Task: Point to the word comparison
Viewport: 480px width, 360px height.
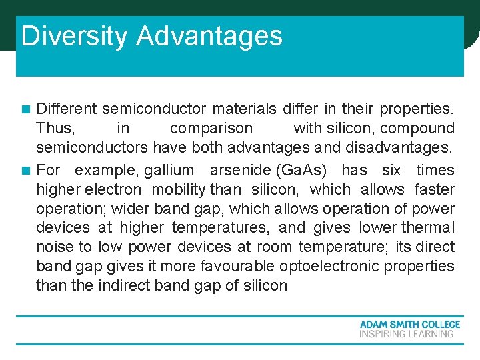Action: click(211, 128)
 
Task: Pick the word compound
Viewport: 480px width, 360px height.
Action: click(417, 128)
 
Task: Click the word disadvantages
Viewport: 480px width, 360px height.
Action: click(401, 147)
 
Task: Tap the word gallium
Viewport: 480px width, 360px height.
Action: click(169, 171)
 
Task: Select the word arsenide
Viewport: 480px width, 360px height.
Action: click(241, 171)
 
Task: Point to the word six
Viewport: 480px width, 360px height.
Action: click(392, 171)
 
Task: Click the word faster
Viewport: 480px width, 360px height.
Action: click(435, 190)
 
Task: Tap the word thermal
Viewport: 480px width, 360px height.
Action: click(427, 228)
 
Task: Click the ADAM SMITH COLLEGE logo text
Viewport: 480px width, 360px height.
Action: click(409, 325)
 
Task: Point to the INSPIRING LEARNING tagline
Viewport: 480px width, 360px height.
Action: click(407, 334)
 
